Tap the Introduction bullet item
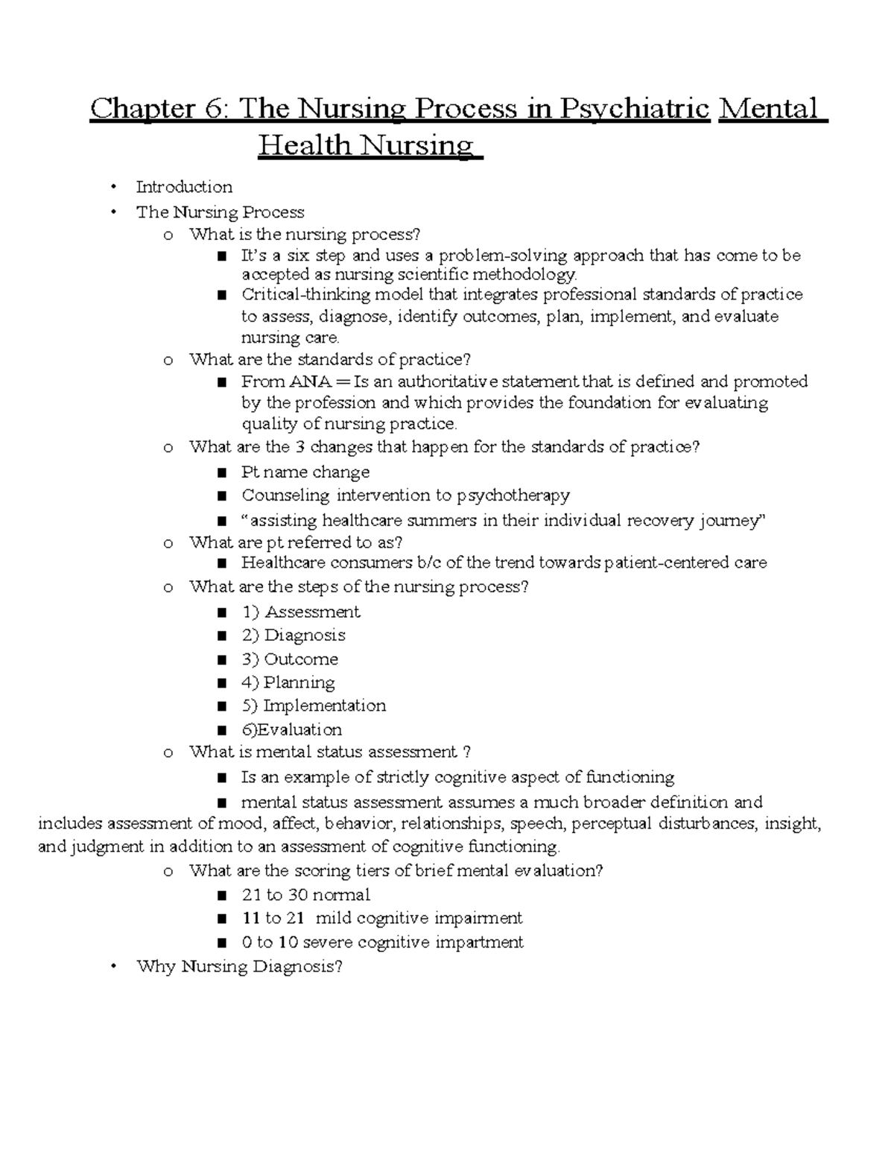coord(184,187)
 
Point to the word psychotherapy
coord(513,495)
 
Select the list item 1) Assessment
coord(300,612)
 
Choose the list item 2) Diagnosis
coord(294,635)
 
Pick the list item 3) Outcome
coord(290,659)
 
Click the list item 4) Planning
coord(288,682)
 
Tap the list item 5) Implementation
coord(314,706)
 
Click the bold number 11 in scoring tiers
coord(250,918)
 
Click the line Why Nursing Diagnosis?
coord(239,967)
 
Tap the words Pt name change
coord(305,472)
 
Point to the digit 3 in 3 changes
coord(300,447)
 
